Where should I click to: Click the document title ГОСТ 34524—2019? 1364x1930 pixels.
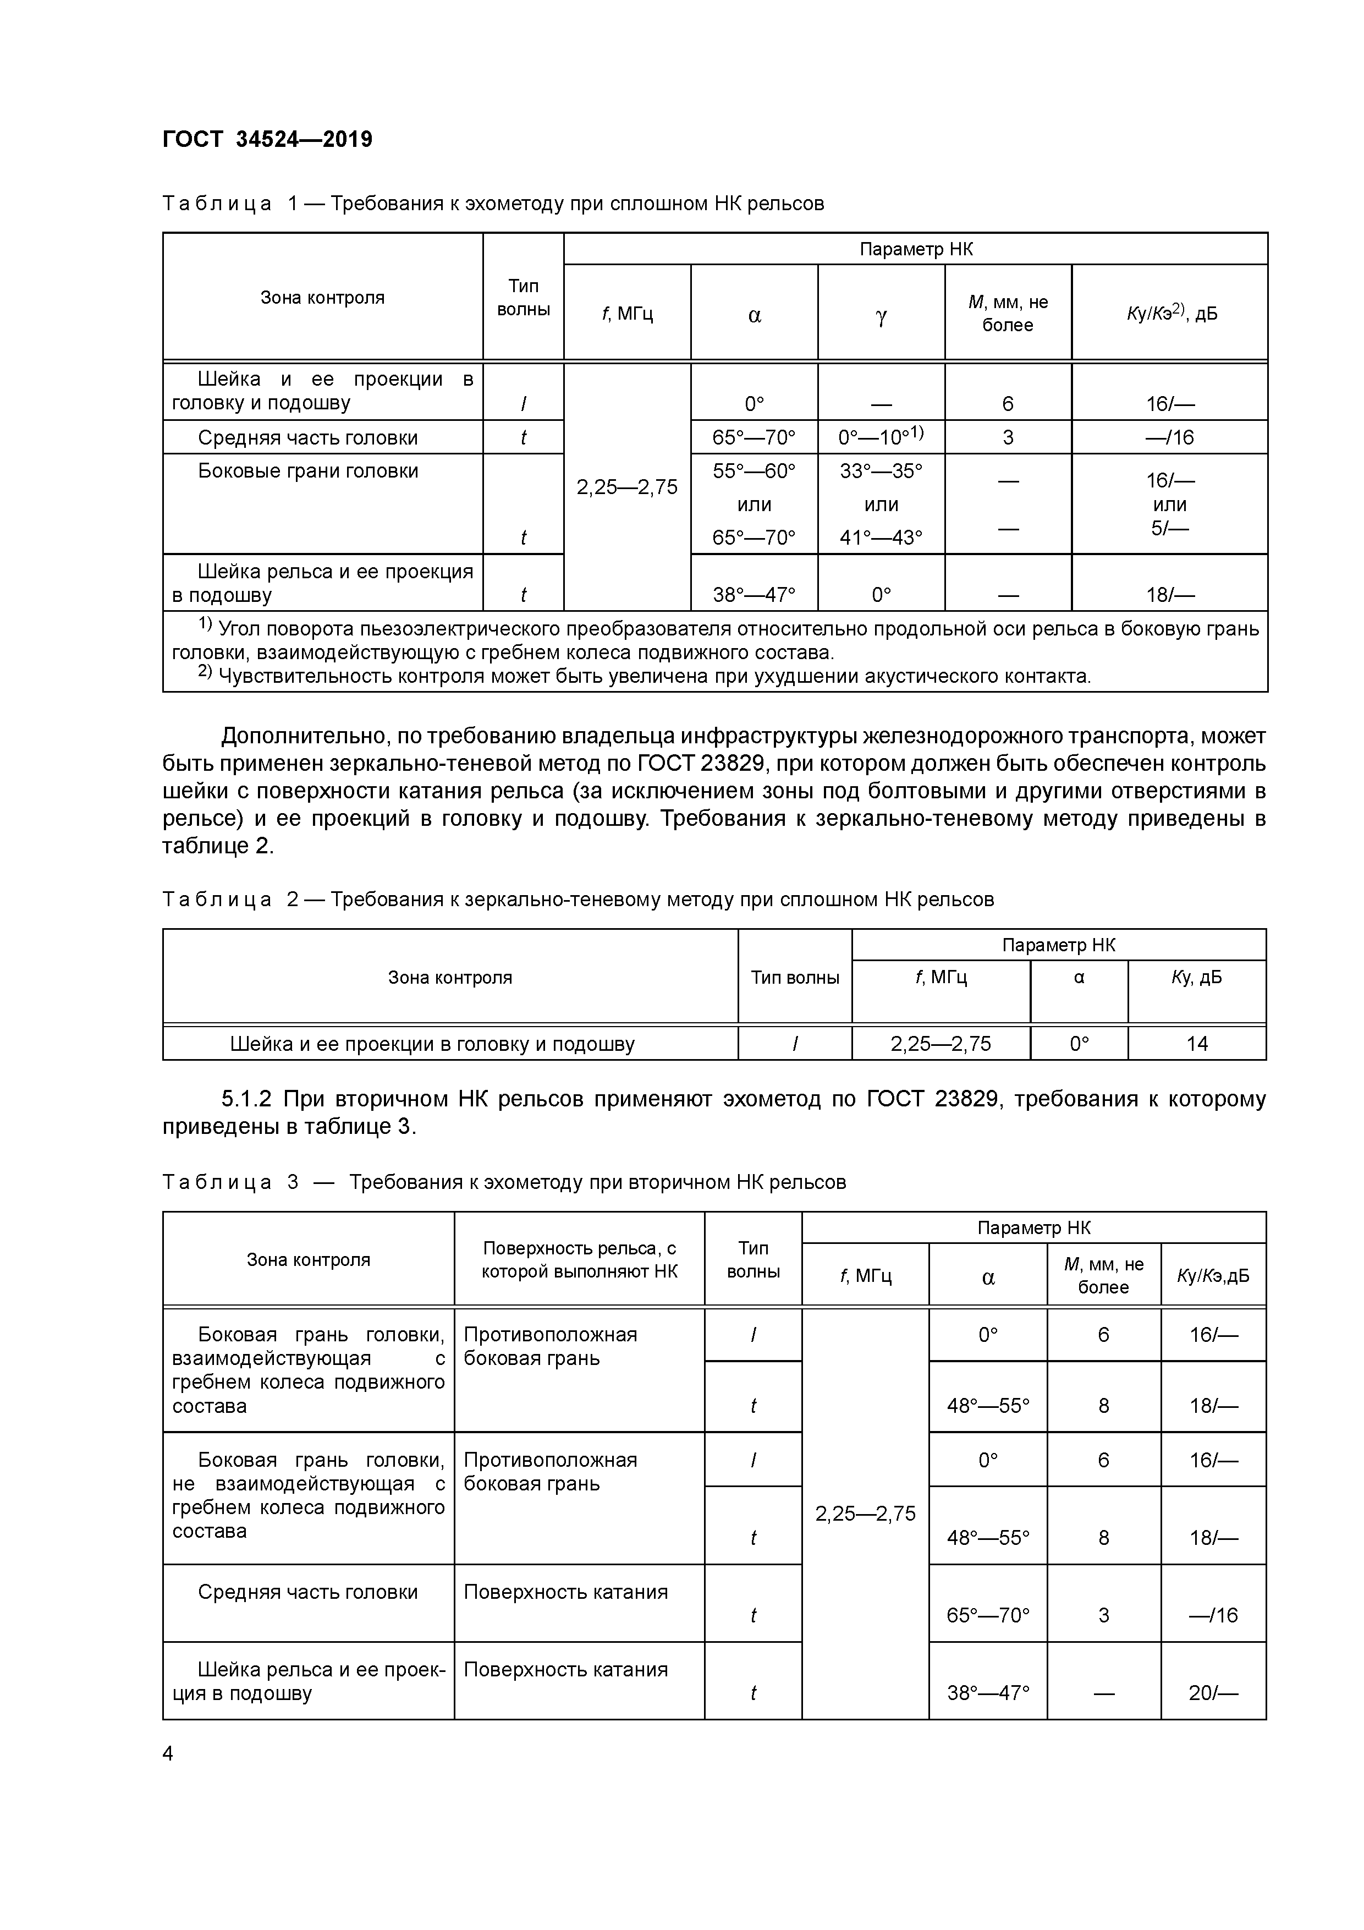[x=267, y=140]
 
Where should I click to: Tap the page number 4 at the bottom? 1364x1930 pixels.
[x=168, y=1753]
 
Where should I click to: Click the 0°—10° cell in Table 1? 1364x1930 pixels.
[x=881, y=436]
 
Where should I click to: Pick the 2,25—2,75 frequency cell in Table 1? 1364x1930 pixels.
[x=627, y=487]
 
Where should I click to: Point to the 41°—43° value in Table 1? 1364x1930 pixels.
[x=881, y=537]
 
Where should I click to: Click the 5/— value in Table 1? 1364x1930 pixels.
[x=1169, y=528]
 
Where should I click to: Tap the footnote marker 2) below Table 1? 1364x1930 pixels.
[x=205, y=673]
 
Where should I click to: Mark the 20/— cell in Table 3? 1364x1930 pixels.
[x=1213, y=1692]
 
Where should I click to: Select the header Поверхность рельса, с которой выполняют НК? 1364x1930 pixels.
[x=579, y=1259]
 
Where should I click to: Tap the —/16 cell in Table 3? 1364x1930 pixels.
[x=1213, y=1614]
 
